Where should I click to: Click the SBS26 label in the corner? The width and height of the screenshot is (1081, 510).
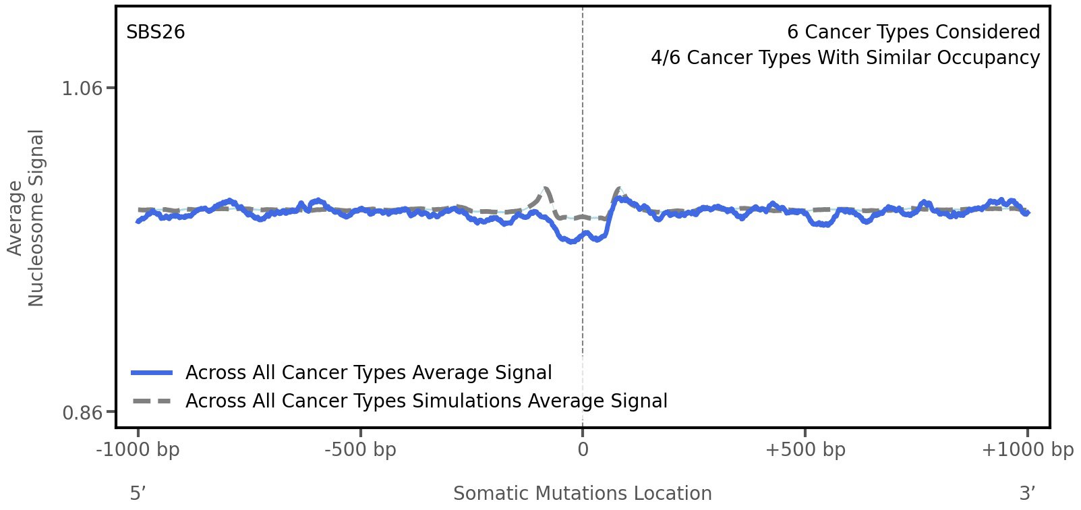point(155,32)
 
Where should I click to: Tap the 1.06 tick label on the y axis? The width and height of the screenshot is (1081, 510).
point(82,88)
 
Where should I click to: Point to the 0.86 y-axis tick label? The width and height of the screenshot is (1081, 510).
point(82,412)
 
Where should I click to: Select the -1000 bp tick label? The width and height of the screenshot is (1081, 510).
point(138,450)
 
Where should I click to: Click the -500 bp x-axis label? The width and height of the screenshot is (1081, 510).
point(360,450)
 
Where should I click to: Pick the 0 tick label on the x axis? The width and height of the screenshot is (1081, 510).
point(583,450)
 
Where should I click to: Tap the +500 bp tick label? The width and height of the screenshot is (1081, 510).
point(805,450)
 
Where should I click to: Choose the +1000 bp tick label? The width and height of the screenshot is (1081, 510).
point(1027,450)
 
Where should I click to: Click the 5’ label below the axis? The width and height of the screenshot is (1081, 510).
point(138,493)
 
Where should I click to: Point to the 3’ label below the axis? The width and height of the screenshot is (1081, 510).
point(1027,493)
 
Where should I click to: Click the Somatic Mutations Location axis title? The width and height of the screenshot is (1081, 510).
point(583,493)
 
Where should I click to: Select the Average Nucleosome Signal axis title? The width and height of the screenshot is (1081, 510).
point(26,217)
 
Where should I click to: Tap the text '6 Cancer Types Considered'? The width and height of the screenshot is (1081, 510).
point(913,32)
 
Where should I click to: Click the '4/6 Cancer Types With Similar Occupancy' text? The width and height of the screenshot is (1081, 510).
point(845,58)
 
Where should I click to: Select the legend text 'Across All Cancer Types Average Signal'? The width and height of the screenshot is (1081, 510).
point(368,373)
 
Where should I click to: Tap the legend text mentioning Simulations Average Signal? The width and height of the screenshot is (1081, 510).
point(426,401)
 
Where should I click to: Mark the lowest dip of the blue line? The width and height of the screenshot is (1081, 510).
point(573,241)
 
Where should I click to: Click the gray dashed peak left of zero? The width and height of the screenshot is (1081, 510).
point(545,189)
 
